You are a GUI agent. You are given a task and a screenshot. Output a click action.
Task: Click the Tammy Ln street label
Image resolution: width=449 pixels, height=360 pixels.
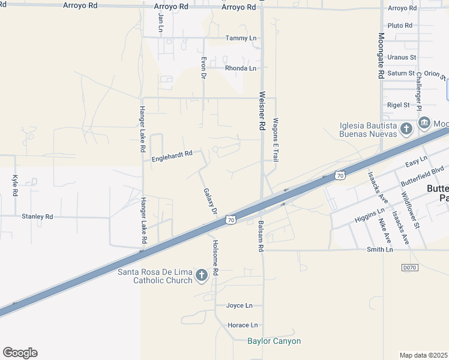pyautogui.click(x=241, y=38)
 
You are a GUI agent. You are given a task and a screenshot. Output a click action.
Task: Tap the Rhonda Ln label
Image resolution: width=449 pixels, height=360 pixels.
pyautogui.click(x=241, y=68)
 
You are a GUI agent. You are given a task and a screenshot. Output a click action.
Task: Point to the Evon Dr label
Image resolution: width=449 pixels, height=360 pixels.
pyautogui.click(x=204, y=68)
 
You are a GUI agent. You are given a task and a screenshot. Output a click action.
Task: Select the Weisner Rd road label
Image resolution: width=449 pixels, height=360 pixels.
pyautogui.click(x=262, y=111)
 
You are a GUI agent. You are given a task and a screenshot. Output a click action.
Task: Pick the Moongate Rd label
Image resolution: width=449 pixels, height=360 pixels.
pyautogui.click(x=381, y=56)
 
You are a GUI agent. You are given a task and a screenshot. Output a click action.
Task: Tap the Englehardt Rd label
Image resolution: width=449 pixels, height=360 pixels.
pyautogui.click(x=172, y=155)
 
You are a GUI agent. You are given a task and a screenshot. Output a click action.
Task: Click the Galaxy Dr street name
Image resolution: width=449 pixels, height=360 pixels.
pyautogui.click(x=209, y=202)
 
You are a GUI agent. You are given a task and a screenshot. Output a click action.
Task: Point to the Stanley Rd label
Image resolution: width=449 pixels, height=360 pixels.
pyautogui.click(x=37, y=216)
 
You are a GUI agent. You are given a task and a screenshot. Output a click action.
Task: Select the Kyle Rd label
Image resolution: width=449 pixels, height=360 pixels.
pyautogui.click(x=16, y=185)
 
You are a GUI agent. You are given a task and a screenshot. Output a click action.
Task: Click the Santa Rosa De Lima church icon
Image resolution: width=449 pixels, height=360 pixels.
pyautogui.click(x=202, y=275)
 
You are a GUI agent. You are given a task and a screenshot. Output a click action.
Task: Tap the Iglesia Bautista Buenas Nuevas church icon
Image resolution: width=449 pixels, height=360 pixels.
pyautogui.click(x=406, y=128)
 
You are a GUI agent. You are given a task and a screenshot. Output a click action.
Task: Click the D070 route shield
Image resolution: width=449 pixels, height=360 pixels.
pyautogui.click(x=409, y=267)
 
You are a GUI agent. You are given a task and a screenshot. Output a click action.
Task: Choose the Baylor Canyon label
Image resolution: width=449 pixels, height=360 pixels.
pyautogui.click(x=274, y=341)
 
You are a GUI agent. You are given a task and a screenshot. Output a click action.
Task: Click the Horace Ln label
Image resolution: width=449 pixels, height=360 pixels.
pyautogui.click(x=243, y=325)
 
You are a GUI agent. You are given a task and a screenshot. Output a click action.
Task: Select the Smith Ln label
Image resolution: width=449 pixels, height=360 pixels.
pyautogui.click(x=380, y=249)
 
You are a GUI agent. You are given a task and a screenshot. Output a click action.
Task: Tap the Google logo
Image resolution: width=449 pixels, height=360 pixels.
pyautogui.click(x=20, y=353)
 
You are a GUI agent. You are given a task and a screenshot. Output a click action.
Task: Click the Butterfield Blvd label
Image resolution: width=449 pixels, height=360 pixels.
pyautogui.click(x=423, y=170)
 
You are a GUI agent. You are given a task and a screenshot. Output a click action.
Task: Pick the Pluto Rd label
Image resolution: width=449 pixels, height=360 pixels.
pyautogui.click(x=400, y=26)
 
